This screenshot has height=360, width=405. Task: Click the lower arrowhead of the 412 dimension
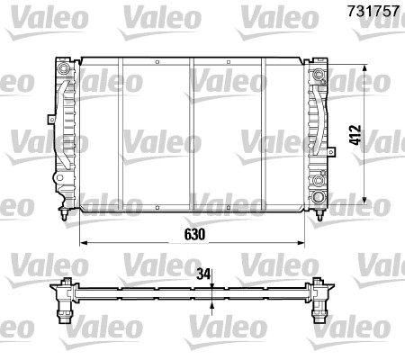364,200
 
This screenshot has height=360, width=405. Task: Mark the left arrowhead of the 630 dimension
84,244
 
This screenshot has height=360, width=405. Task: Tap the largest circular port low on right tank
319,196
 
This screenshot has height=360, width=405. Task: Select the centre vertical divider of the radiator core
192,135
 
